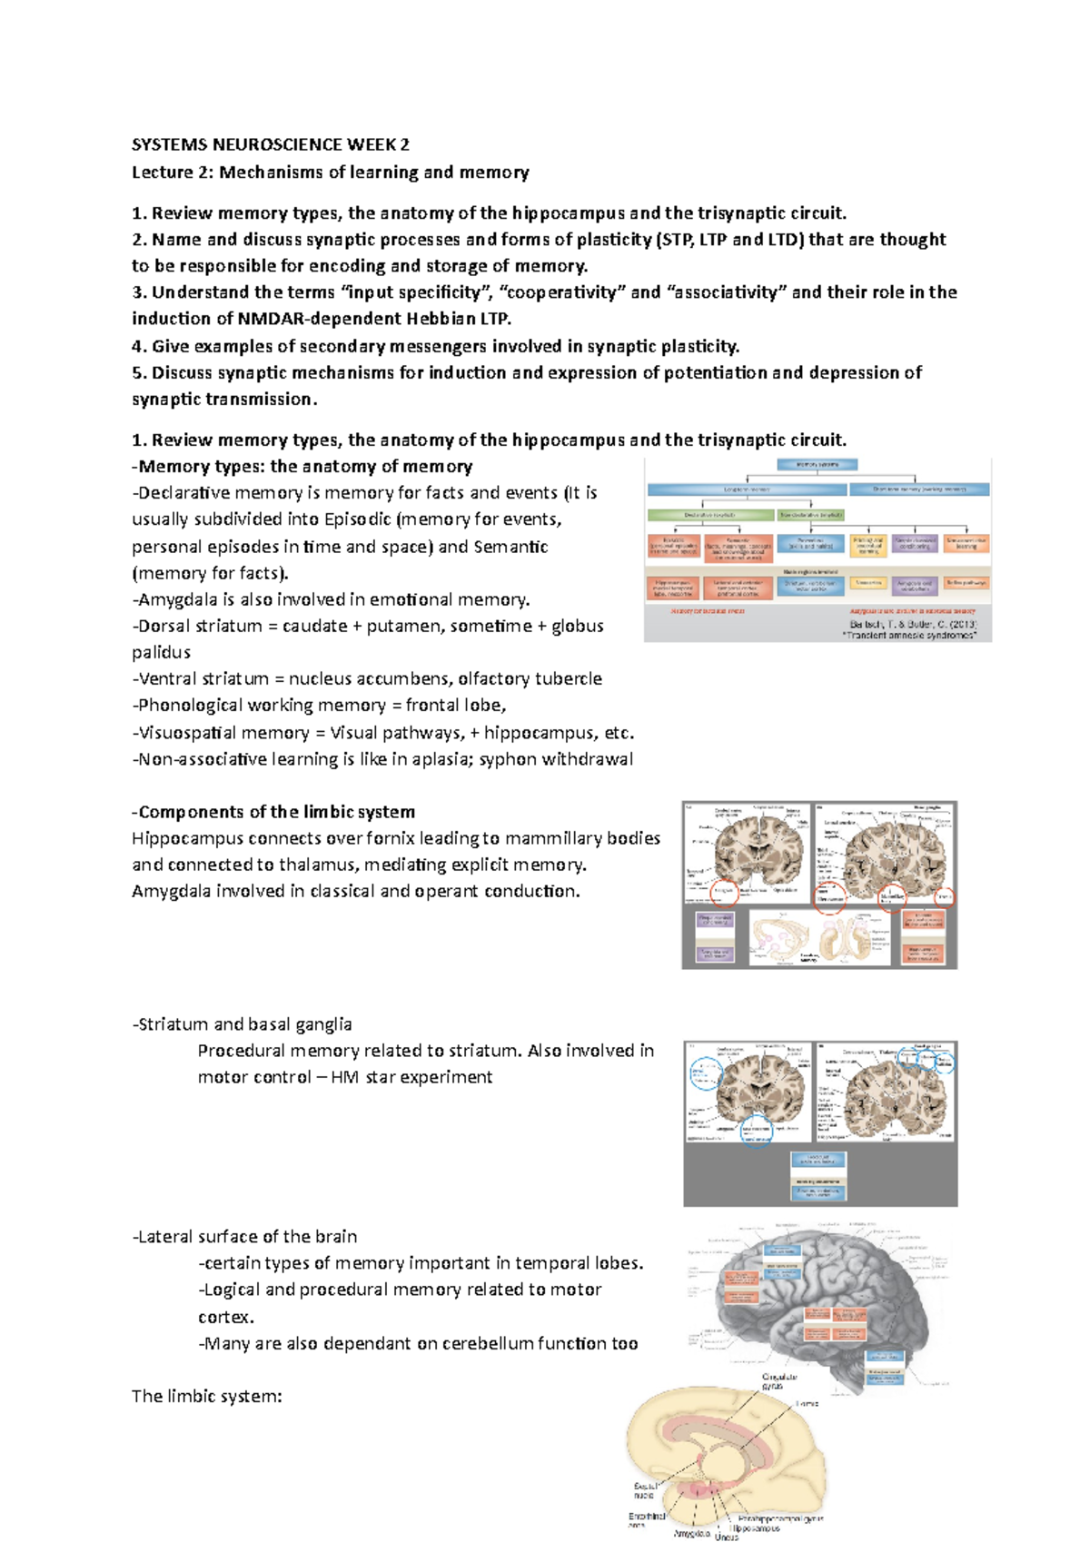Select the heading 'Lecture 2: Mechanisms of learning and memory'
click(330, 172)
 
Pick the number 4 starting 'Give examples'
click(138, 346)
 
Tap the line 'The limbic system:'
click(206, 1396)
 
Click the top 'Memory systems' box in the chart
click(817, 465)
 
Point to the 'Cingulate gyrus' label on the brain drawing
click(779, 1381)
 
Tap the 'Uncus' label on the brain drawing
click(727, 1537)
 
